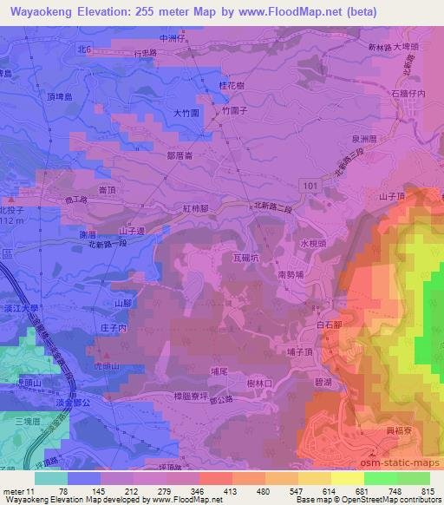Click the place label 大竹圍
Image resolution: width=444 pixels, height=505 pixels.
click(x=186, y=113)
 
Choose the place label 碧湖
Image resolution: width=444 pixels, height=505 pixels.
click(x=322, y=382)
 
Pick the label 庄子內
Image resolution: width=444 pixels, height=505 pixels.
click(x=114, y=328)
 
